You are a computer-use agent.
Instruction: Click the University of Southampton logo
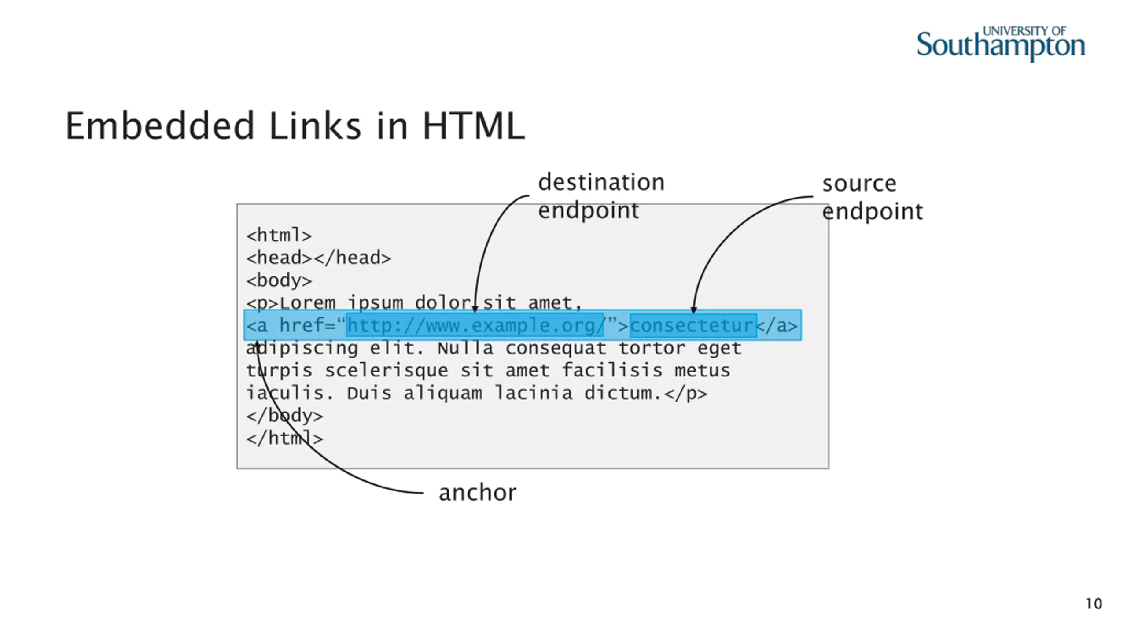(x=1000, y=44)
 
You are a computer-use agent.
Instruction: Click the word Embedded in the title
(x=160, y=126)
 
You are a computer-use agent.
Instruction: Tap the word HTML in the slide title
(x=474, y=126)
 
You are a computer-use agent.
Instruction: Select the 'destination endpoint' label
(x=601, y=196)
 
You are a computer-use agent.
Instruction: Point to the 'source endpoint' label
(x=872, y=197)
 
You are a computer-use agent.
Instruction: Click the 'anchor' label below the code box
(x=477, y=493)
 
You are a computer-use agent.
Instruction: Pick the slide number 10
(x=1094, y=604)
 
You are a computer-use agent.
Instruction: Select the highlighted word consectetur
(x=692, y=326)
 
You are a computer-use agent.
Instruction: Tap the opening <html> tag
(x=279, y=235)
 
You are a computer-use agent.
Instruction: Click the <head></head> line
(x=318, y=258)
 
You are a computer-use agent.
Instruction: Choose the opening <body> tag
(x=279, y=280)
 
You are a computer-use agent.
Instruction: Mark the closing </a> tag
(x=777, y=326)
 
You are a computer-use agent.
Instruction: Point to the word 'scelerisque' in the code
(x=386, y=371)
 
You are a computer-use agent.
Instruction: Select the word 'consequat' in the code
(x=556, y=348)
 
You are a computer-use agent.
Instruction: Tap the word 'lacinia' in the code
(x=533, y=393)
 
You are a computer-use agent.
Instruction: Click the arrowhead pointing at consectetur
(x=694, y=310)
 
